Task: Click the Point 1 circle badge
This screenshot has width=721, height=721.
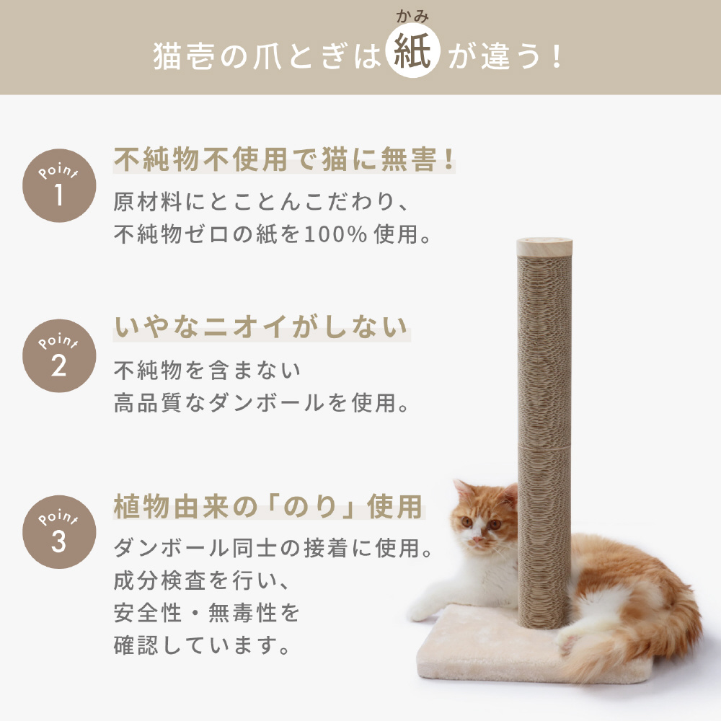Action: pyautogui.click(x=59, y=185)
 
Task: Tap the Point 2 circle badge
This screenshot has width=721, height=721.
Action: pyautogui.click(x=59, y=355)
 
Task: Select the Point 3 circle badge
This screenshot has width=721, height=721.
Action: pyautogui.click(x=59, y=531)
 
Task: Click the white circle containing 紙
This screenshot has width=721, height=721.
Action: pyautogui.click(x=413, y=50)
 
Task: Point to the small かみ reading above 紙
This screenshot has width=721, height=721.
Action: pyautogui.click(x=412, y=17)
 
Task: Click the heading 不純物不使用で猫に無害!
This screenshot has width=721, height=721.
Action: pyautogui.click(x=284, y=159)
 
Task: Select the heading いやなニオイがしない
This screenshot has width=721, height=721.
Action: pyautogui.click(x=262, y=327)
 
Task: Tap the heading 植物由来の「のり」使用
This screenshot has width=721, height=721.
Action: pyautogui.click(x=268, y=506)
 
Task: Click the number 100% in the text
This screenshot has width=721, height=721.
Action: pyautogui.click(x=335, y=234)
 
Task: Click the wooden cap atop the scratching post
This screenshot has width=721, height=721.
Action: pyautogui.click(x=544, y=247)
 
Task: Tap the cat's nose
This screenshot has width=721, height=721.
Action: pyautogui.click(x=477, y=538)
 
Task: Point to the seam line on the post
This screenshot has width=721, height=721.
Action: pyautogui.click(x=544, y=446)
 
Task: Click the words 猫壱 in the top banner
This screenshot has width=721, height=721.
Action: pyautogui.click(x=183, y=56)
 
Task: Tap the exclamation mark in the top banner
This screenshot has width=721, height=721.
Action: pyautogui.click(x=557, y=56)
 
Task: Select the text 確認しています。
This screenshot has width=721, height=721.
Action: pyautogui.click(x=202, y=645)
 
